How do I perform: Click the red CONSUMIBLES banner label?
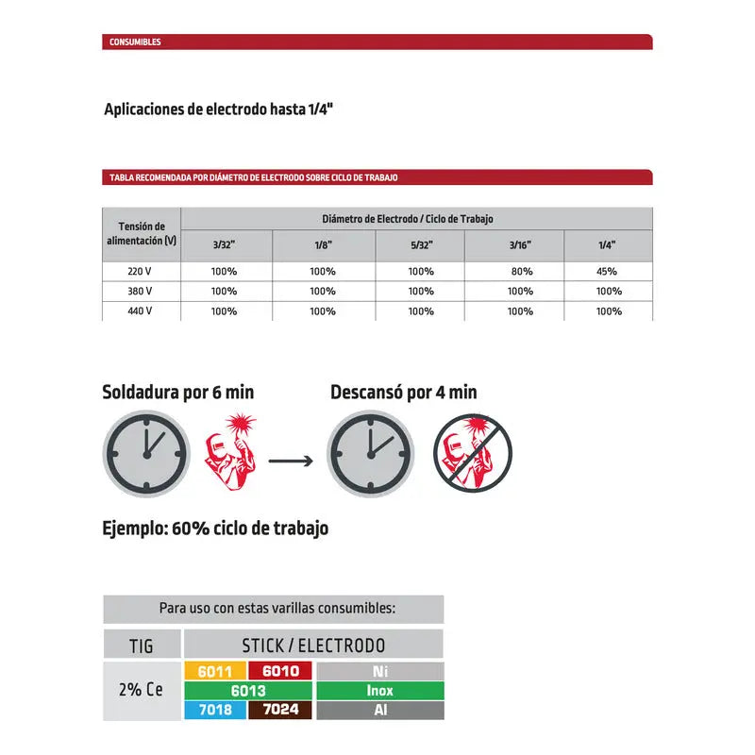tap(135, 42)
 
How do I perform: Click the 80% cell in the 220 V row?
tap(520, 271)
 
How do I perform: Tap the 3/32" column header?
tap(224, 244)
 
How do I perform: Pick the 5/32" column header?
tap(421, 244)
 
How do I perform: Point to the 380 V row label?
tap(140, 291)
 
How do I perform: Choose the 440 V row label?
tap(140, 310)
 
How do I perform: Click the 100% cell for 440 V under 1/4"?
tap(609, 310)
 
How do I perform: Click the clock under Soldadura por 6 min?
tap(145, 455)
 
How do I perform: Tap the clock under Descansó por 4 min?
tap(370, 455)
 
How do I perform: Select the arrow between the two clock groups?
tap(291, 461)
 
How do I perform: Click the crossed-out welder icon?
tap(472, 455)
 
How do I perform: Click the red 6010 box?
tap(279, 671)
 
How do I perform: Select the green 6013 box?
tap(247, 690)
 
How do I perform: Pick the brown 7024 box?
tap(279, 710)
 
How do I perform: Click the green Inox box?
tap(379, 690)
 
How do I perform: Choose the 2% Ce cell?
tap(142, 690)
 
